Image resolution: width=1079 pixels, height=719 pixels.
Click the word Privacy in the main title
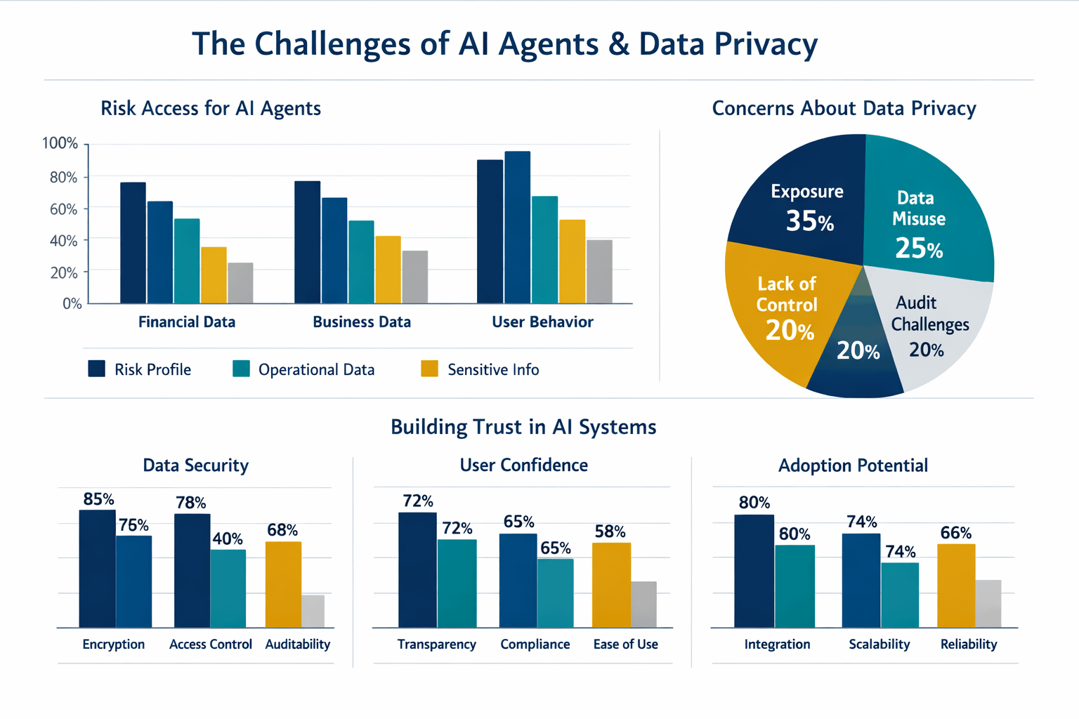click(x=766, y=44)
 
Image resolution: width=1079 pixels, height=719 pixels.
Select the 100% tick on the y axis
click(x=60, y=144)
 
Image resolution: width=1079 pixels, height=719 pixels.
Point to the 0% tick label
click(x=72, y=304)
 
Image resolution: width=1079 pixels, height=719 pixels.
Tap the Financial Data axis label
click(x=187, y=322)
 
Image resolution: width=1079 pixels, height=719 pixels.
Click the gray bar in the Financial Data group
click(x=240, y=283)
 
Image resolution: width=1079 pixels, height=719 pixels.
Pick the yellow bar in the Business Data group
click(x=388, y=270)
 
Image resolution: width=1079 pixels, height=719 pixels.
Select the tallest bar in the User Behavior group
click(x=517, y=227)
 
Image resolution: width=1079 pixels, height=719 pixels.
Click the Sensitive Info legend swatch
click(x=429, y=369)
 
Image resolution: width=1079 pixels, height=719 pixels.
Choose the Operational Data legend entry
click(x=316, y=369)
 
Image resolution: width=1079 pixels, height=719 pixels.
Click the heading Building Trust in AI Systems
click(x=523, y=427)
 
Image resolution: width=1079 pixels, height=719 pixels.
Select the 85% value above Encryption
click(x=98, y=499)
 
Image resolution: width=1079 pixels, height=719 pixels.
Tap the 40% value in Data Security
click(x=228, y=539)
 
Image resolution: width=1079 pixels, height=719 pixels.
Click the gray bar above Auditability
click(x=313, y=611)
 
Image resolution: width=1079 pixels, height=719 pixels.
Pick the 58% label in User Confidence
click(x=610, y=532)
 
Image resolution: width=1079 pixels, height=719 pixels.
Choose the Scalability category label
click(x=879, y=645)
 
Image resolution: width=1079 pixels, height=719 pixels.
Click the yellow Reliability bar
click(x=956, y=585)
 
